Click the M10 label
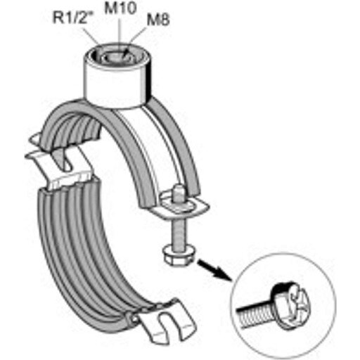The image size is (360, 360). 120,8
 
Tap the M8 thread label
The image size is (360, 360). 158,20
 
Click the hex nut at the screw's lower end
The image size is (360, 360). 177,257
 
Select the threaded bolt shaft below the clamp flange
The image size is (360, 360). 179,231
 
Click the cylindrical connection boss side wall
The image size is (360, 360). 117,86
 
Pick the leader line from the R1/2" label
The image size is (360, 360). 90,35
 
